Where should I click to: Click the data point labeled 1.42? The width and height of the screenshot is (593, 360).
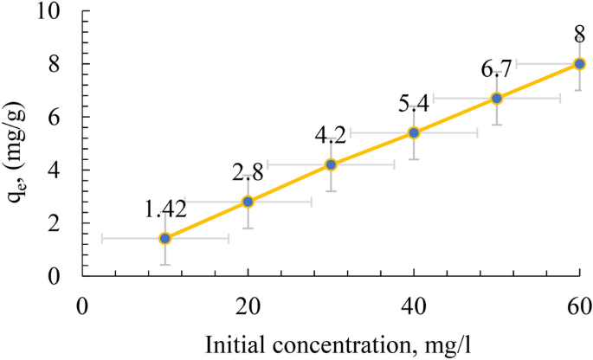tap(164, 238)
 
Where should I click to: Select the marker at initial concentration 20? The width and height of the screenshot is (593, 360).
tap(248, 202)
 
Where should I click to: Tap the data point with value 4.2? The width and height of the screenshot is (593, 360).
tap(331, 164)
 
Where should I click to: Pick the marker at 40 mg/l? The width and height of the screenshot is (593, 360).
tap(414, 132)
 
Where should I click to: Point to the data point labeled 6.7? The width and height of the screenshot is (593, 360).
tap(497, 98)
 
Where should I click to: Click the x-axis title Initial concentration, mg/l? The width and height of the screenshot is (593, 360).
tap(331, 344)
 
